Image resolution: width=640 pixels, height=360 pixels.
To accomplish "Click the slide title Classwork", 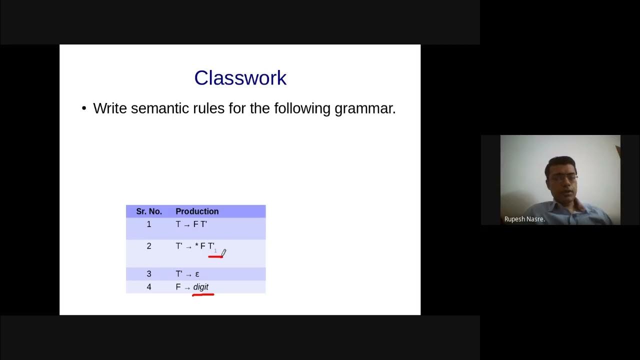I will pos(240,78).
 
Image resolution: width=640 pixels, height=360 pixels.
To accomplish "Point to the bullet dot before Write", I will pos(84,109).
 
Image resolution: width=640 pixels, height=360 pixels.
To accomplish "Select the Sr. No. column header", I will pos(148,211).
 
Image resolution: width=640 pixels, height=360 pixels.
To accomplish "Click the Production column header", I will pos(197,211).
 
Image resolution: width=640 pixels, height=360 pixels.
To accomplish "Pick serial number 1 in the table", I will pos(148,224).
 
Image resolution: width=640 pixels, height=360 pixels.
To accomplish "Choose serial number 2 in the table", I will pos(148,246).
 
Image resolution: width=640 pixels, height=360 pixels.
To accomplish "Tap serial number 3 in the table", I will pos(148,274).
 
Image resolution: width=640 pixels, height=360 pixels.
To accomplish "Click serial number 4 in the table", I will pos(148,287).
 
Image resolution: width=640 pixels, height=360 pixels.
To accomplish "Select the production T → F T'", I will pos(191,224).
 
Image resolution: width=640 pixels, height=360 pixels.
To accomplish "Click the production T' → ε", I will pos(187,274).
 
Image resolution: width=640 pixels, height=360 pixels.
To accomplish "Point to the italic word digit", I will pos(200,287).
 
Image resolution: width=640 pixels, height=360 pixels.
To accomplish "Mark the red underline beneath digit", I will pos(203,295).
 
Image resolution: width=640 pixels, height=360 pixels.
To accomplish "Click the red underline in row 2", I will pos(215,256).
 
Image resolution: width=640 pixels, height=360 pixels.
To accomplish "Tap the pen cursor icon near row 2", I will pos(223,253).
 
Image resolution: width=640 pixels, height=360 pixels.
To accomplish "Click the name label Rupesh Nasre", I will pos(524,219).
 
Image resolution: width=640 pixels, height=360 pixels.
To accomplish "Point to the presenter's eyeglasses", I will pos(565,177).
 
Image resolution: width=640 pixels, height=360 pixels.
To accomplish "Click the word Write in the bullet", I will pos(109,108).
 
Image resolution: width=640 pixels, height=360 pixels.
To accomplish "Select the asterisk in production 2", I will pos(196,246).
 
